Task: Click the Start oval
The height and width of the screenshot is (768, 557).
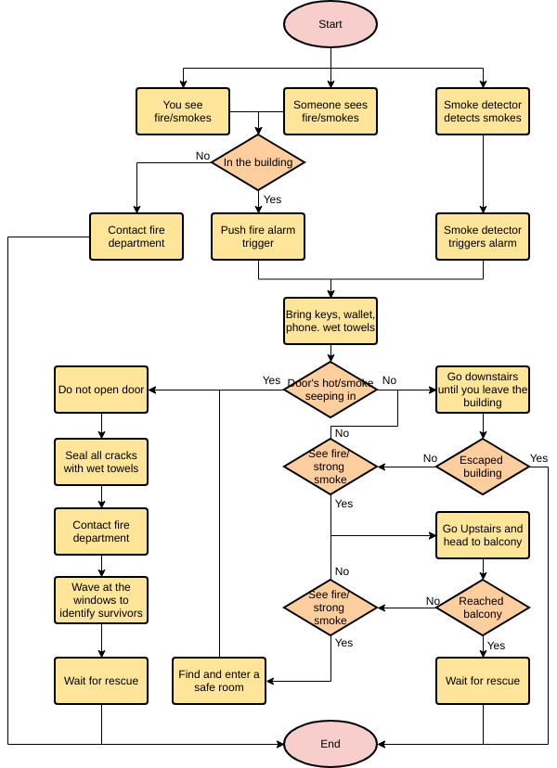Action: tap(330, 25)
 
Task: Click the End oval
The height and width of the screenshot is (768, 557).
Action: tap(330, 743)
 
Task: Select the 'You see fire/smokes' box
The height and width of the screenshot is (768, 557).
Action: tap(183, 111)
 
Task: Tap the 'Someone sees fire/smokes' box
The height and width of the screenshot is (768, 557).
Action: tap(330, 111)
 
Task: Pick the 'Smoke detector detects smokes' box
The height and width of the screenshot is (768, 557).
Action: tap(482, 111)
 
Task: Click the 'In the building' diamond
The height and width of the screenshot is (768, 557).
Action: tap(258, 162)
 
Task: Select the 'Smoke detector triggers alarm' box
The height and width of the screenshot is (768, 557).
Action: tap(482, 237)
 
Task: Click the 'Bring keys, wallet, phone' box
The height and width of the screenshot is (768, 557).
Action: tap(330, 321)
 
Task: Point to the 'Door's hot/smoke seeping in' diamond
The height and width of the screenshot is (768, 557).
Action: tap(330, 390)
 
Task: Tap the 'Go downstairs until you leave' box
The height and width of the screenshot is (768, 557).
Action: tap(482, 390)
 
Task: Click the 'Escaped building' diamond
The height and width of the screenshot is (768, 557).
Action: tap(482, 466)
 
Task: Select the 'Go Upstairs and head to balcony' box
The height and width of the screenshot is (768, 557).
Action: tap(482, 535)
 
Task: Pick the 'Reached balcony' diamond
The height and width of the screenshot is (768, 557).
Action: tap(482, 608)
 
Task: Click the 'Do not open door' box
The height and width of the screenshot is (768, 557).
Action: tap(101, 390)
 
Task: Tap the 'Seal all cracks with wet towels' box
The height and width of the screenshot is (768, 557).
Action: tap(101, 462)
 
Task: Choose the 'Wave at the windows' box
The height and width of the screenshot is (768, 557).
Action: tap(101, 600)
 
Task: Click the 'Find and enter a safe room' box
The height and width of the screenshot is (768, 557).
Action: tap(219, 681)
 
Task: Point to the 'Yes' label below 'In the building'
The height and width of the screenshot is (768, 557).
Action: tap(272, 199)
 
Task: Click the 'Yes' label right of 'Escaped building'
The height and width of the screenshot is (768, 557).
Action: tap(538, 458)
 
